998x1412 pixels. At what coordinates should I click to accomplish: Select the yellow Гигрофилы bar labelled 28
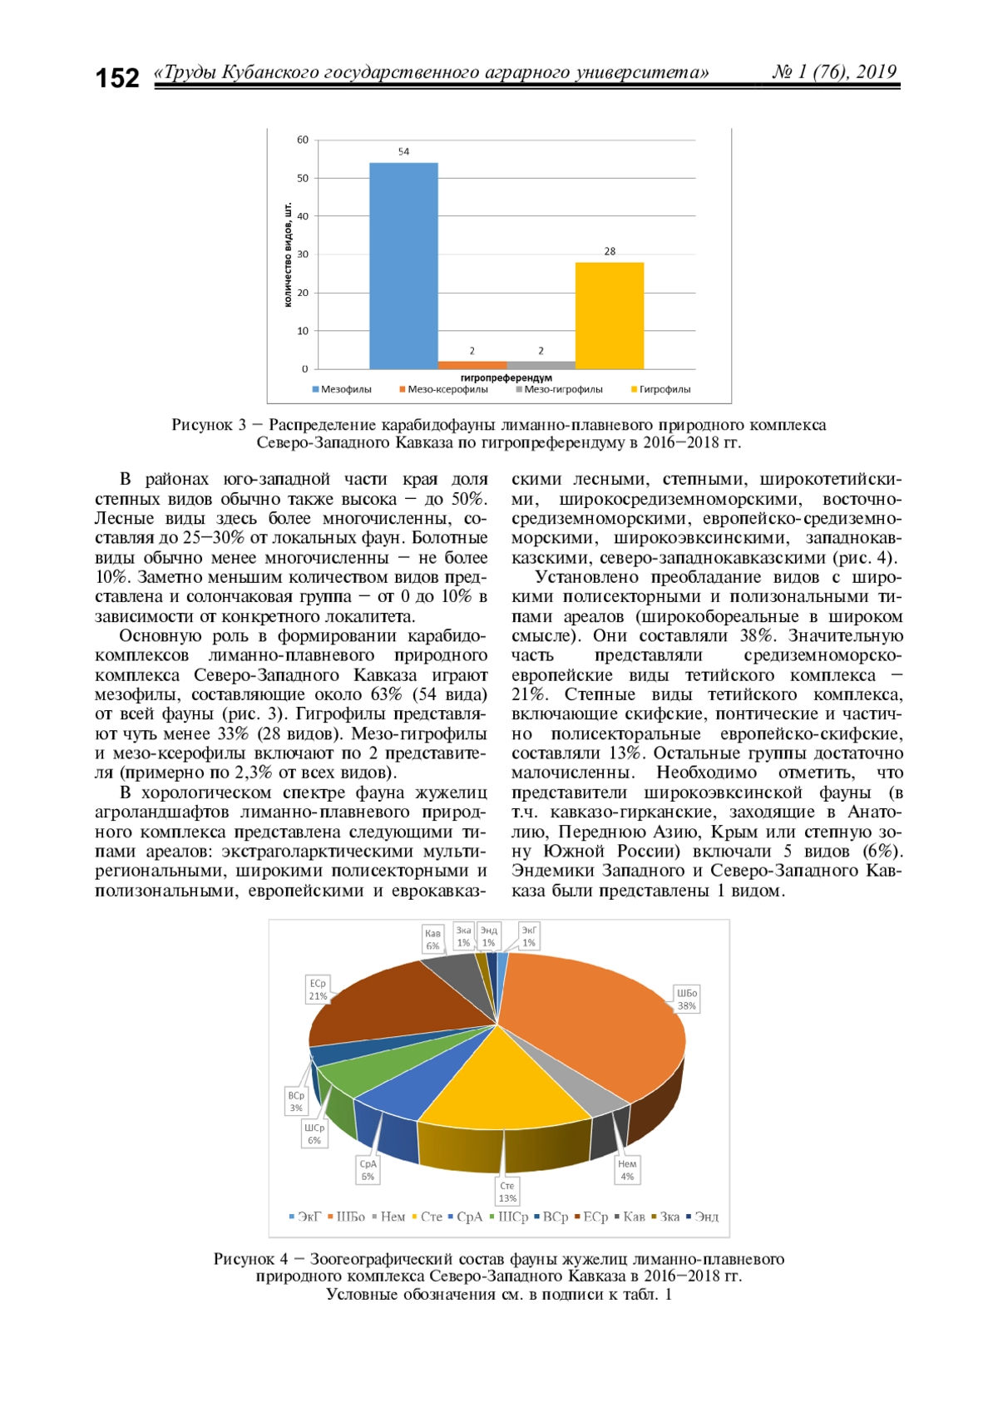(610, 316)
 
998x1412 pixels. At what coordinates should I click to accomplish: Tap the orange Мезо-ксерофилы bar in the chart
(472, 365)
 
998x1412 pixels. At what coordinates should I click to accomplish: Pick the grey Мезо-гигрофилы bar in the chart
(541, 365)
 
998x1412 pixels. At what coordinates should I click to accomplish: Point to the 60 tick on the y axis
(303, 140)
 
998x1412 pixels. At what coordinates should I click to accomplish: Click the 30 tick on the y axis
(303, 254)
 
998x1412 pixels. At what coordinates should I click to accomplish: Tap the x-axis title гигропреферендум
(506, 378)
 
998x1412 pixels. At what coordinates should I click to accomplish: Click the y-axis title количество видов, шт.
(289, 254)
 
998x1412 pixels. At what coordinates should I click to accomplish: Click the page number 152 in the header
(117, 78)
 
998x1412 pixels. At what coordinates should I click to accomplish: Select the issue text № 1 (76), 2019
(834, 72)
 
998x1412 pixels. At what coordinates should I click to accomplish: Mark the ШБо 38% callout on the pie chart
(687, 1000)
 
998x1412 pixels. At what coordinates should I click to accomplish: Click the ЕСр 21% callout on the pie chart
(318, 990)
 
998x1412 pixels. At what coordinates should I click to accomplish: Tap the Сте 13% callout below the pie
(507, 1192)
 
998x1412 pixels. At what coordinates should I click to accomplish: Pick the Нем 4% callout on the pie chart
(627, 1170)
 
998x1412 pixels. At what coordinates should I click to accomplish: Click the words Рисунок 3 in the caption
(209, 425)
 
